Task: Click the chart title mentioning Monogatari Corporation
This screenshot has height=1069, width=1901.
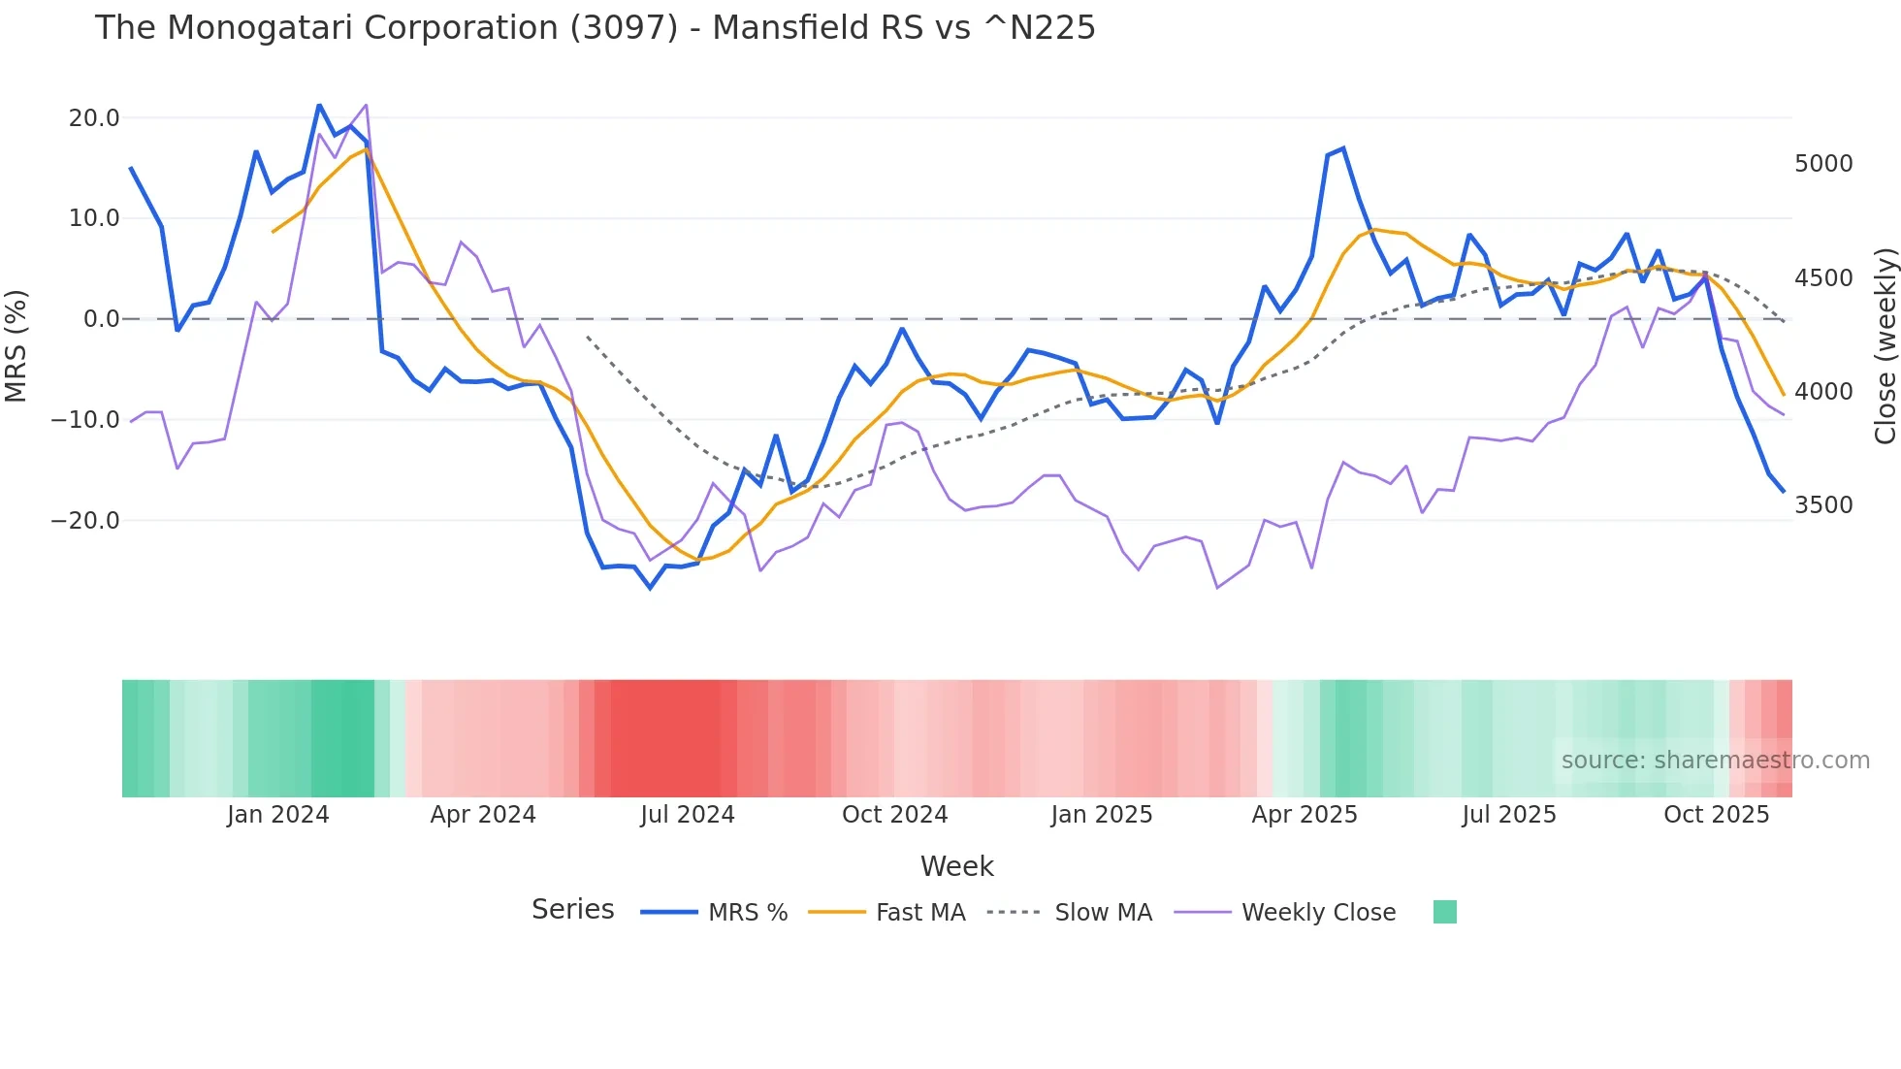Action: [595, 28]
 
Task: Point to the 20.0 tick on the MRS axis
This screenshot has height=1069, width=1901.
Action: [94, 118]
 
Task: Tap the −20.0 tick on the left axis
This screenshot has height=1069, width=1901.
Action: [85, 521]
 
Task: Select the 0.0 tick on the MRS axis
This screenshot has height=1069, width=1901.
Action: [101, 319]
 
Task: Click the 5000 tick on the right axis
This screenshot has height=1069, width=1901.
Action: [1823, 164]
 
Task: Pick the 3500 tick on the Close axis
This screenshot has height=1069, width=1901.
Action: [1823, 505]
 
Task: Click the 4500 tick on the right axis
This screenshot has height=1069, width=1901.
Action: [1823, 278]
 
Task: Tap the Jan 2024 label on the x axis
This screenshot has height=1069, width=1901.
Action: [278, 815]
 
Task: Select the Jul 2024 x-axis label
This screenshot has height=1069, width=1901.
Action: [688, 815]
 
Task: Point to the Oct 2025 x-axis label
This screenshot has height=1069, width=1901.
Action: [1716, 815]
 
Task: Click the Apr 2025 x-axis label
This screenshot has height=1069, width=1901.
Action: [1305, 815]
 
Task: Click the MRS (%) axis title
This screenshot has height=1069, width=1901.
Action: [16, 346]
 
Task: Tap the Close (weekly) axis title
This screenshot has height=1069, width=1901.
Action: [1885, 346]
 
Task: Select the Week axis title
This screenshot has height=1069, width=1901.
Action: [956, 866]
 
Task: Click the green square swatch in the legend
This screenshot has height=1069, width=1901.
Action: [1444, 912]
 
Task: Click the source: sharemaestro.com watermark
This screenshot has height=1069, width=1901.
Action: [1715, 761]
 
